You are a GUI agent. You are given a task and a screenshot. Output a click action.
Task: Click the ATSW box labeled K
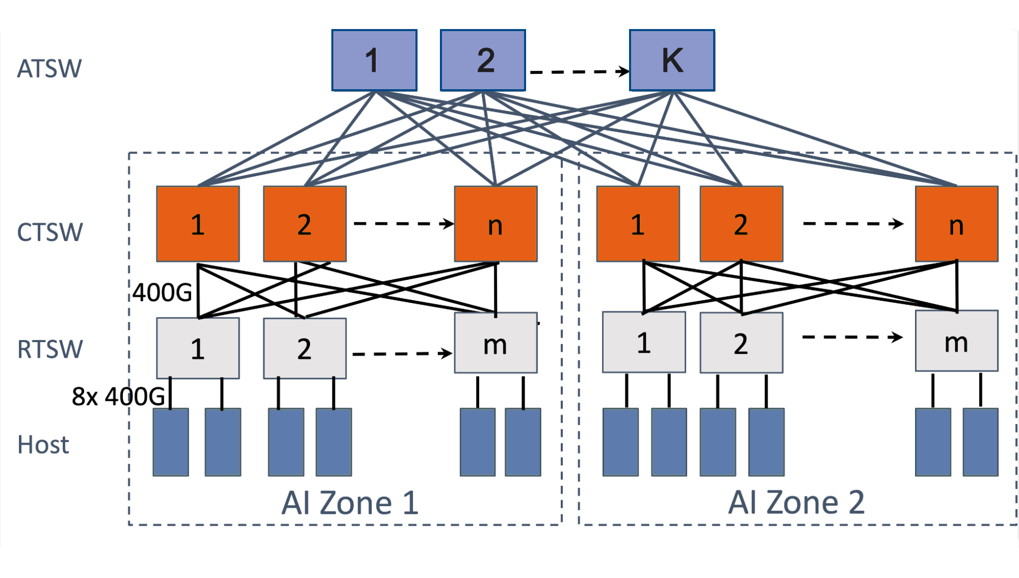(672, 60)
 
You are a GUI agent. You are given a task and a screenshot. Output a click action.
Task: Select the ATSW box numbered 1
(374, 60)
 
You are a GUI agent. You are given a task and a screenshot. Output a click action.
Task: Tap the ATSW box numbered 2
(483, 60)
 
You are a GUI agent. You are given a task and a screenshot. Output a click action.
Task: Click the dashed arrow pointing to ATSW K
(579, 71)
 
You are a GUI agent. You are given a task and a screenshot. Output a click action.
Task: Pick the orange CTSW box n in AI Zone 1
(495, 224)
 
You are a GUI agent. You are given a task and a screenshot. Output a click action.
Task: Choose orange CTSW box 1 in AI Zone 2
(638, 224)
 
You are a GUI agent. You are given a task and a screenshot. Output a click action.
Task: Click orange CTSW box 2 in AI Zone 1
(305, 224)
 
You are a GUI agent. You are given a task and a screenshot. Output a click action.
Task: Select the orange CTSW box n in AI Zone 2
(956, 224)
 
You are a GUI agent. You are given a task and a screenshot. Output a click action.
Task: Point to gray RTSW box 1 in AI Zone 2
(644, 342)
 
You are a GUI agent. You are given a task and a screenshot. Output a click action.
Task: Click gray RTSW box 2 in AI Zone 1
(305, 349)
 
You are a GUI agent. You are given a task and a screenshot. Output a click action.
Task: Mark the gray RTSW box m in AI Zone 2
(956, 341)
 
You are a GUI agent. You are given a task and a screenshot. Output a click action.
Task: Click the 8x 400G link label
(118, 396)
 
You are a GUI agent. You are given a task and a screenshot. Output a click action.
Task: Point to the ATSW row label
(49, 69)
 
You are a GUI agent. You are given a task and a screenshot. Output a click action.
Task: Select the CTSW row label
(50, 232)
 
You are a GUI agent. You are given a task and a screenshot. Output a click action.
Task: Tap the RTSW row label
(50, 350)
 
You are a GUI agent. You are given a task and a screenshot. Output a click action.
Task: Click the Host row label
(43, 444)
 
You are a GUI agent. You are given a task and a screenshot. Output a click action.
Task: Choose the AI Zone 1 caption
(350, 503)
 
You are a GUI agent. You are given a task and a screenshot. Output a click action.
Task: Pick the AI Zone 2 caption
(796, 503)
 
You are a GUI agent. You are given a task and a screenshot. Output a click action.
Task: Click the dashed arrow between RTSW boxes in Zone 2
(852, 337)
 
